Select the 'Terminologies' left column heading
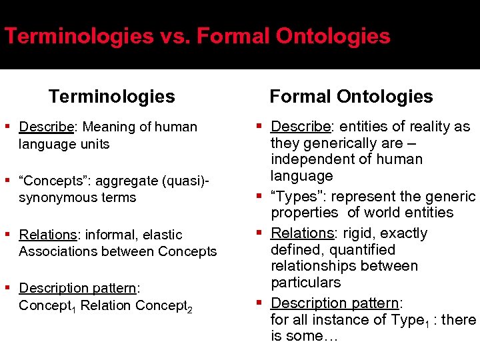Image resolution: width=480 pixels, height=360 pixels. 111,97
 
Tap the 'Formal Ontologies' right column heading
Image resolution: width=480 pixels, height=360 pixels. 351,97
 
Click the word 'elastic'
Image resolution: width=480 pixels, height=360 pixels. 162,235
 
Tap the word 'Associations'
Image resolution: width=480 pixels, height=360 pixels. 55,251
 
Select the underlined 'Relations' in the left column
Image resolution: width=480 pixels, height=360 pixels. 48,235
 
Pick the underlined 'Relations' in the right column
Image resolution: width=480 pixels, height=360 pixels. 302,233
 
